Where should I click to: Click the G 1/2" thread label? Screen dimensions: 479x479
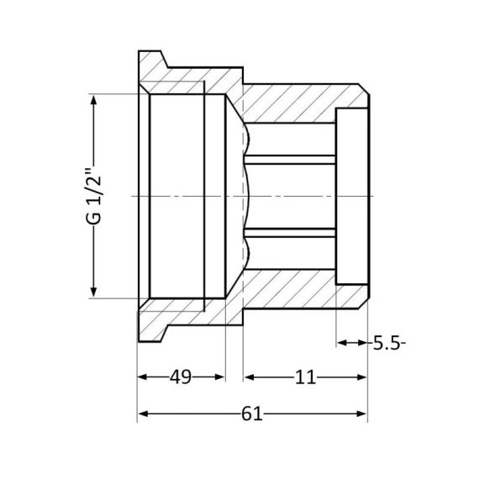(x=94, y=196)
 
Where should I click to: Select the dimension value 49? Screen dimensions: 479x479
(x=181, y=377)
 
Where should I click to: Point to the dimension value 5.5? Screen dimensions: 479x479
(x=387, y=342)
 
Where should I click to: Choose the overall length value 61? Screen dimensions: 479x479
(x=252, y=413)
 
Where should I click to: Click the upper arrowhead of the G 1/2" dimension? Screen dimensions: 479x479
(x=94, y=100)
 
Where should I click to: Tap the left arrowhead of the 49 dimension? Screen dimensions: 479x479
(x=144, y=377)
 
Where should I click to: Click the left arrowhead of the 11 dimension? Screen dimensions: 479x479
(x=248, y=377)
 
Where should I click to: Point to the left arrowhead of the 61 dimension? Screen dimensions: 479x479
(x=144, y=413)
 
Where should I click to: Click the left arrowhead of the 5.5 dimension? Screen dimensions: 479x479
(x=343, y=342)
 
